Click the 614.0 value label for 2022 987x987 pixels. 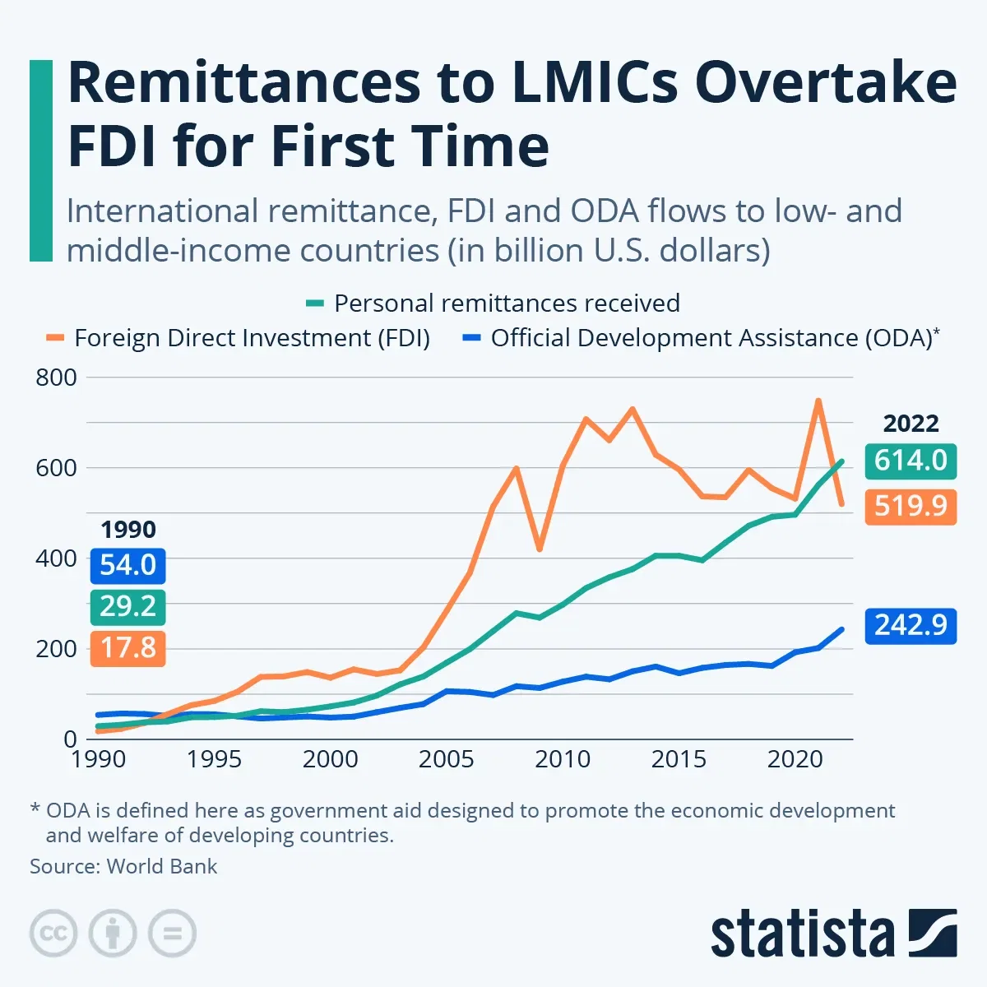coord(911,460)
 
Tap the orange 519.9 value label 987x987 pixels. coord(911,506)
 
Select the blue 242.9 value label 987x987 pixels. coord(911,625)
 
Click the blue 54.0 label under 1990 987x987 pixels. coord(127,565)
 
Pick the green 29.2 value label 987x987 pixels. coord(127,607)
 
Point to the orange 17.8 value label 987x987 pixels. coord(127,648)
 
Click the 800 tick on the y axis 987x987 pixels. coord(56,378)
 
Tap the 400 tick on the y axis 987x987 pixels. coord(56,558)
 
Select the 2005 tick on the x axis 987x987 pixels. coord(446,759)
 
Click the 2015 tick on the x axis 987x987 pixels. coord(679,759)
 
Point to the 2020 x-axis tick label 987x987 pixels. coord(795,759)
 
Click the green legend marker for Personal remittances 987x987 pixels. coord(315,304)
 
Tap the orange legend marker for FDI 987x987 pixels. coord(55,338)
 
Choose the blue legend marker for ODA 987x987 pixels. coord(472,338)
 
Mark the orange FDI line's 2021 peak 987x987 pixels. coord(818,401)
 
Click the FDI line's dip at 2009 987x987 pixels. coord(539,549)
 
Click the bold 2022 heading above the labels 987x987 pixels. coord(911,424)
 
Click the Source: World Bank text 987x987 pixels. coord(123,866)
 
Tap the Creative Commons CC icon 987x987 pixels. coord(53,934)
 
